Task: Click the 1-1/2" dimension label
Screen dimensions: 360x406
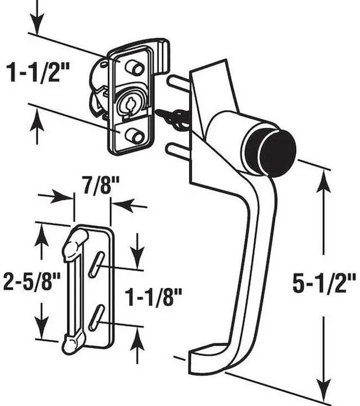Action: tap(38, 73)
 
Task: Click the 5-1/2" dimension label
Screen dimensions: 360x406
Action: tap(323, 283)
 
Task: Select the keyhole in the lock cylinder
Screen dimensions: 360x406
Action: tap(129, 104)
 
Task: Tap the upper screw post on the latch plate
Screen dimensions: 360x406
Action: tap(134, 67)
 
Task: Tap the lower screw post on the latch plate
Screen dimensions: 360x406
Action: tap(134, 136)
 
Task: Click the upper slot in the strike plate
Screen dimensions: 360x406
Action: tap(97, 265)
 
